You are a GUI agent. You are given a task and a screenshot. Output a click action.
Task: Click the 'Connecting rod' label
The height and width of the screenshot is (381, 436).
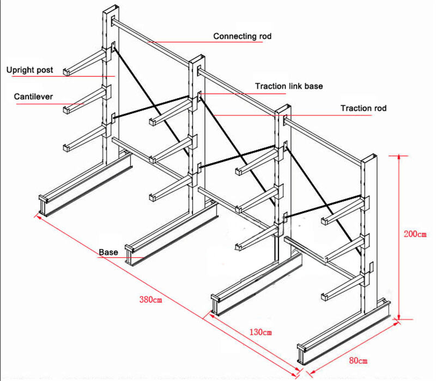point(242,37)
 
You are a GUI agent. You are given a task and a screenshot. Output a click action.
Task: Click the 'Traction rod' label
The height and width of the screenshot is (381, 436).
point(364,108)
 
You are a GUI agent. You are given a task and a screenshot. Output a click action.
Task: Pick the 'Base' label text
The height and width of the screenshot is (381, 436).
point(109,253)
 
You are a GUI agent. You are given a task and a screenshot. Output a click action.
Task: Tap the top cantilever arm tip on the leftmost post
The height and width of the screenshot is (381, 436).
point(66,72)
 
